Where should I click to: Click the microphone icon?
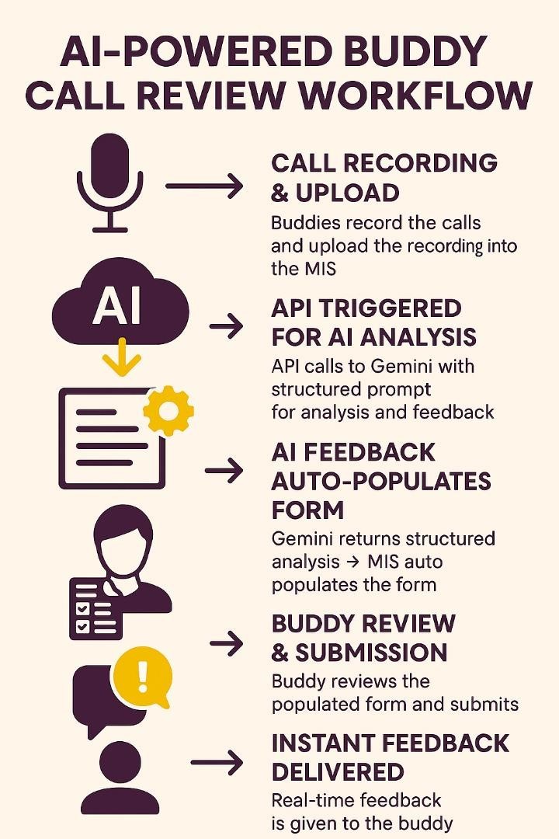[x=109, y=183]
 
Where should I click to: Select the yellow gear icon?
[x=168, y=409]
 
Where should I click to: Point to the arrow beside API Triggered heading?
[x=227, y=326]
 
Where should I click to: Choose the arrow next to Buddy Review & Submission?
[x=227, y=642]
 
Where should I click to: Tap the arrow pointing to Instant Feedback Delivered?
[x=217, y=763]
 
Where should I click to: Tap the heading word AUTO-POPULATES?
[x=381, y=481]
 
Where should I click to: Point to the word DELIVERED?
[x=338, y=772]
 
